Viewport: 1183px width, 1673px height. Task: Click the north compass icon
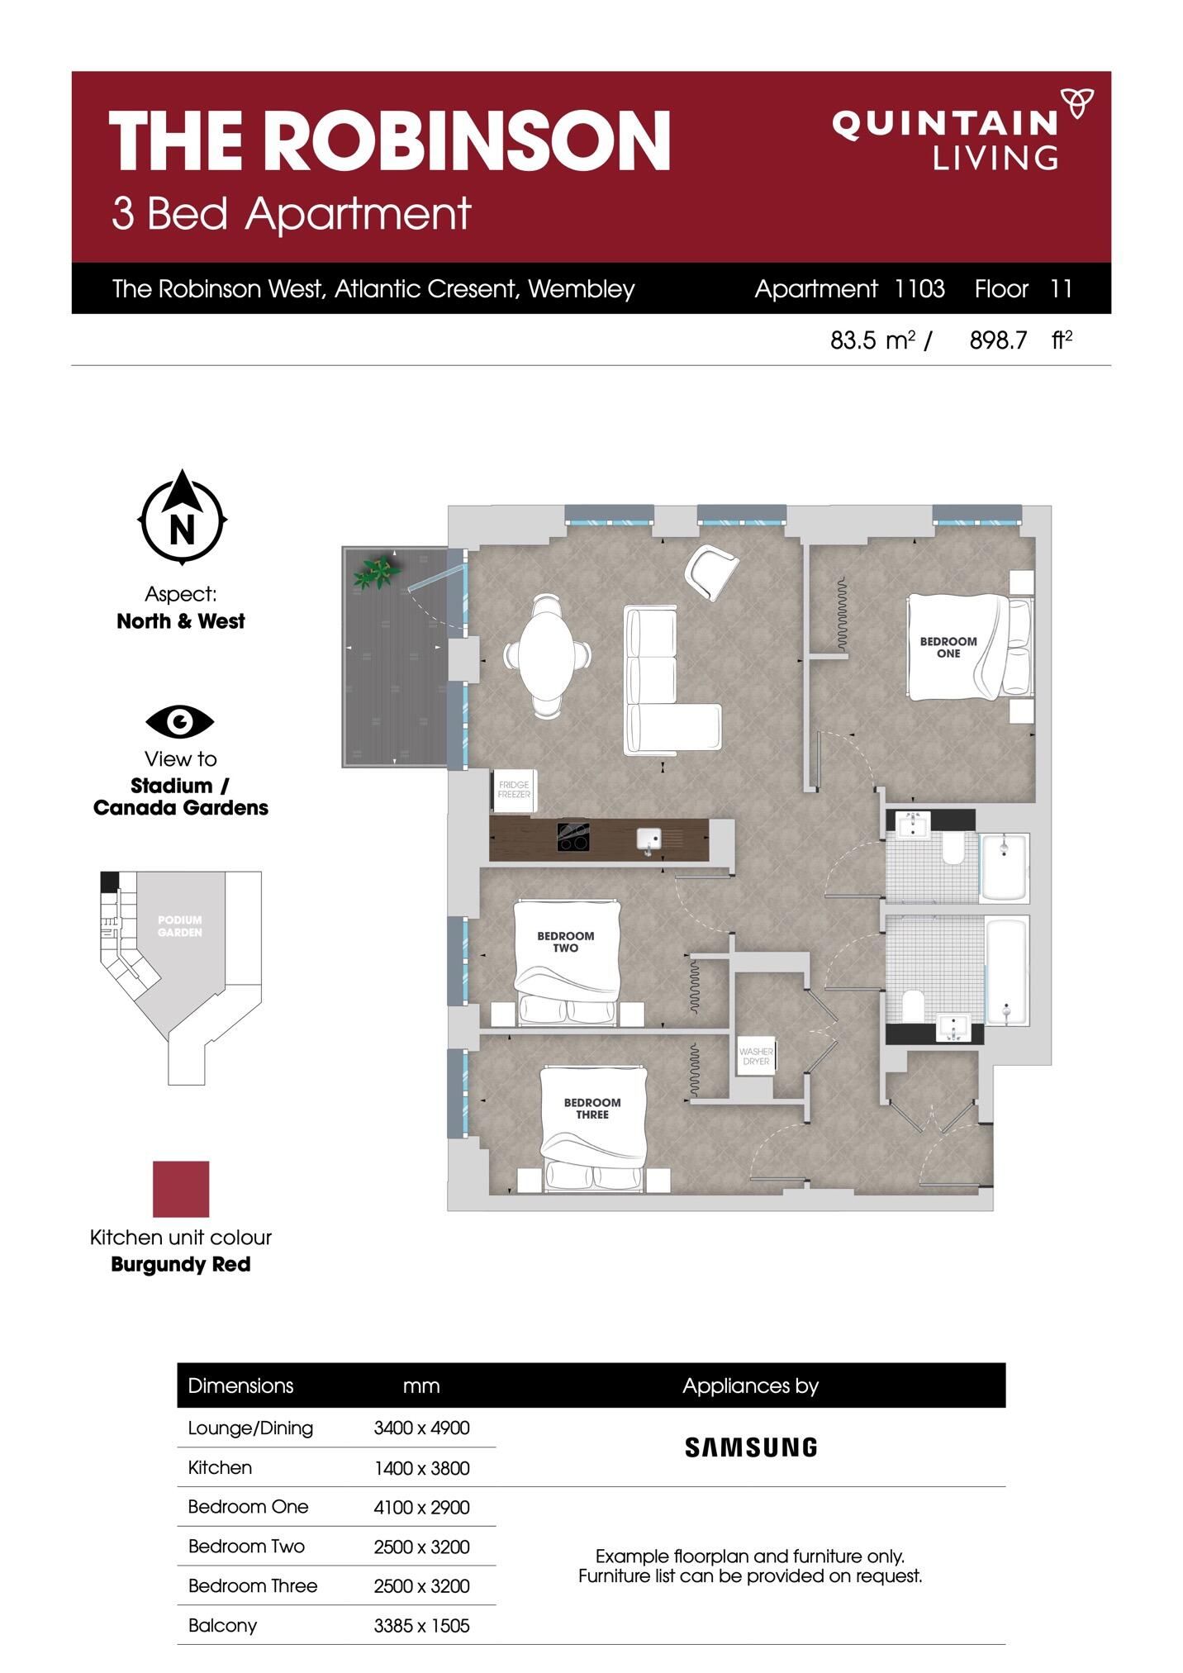pyautogui.click(x=182, y=517)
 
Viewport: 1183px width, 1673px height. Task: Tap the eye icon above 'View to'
pyautogui.click(x=180, y=721)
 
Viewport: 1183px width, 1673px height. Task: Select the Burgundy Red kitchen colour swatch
pyautogui.click(x=181, y=1189)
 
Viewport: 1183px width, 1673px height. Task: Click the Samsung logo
pyautogui.click(x=751, y=1447)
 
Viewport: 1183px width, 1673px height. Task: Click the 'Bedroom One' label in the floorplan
pyautogui.click(x=948, y=647)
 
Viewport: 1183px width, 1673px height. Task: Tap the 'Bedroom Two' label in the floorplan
pyautogui.click(x=566, y=942)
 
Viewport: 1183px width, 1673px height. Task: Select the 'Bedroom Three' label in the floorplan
pyautogui.click(x=592, y=1108)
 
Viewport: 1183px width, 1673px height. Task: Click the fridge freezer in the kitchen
pyautogui.click(x=514, y=790)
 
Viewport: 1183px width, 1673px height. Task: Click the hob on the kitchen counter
pyautogui.click(x=572, y=837)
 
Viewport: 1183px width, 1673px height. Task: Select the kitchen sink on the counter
pyautogui.click(x=649, y=840)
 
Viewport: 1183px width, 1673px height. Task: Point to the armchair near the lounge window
pyautogui.click(x=710, y=573)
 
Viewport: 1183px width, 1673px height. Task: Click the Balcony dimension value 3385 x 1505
pyautogui.click(x=421, y=1626)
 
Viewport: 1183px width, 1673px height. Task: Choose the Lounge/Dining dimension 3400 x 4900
pyautogui.click(x=421, y=1428)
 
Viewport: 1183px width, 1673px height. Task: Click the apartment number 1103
pyautogui.click(x=919, y=288)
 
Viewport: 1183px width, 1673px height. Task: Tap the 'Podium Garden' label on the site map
pyautogui.click(x=180, y=926)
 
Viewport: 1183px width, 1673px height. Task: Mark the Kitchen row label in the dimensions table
pyautogui.click(x=220, y=1467)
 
